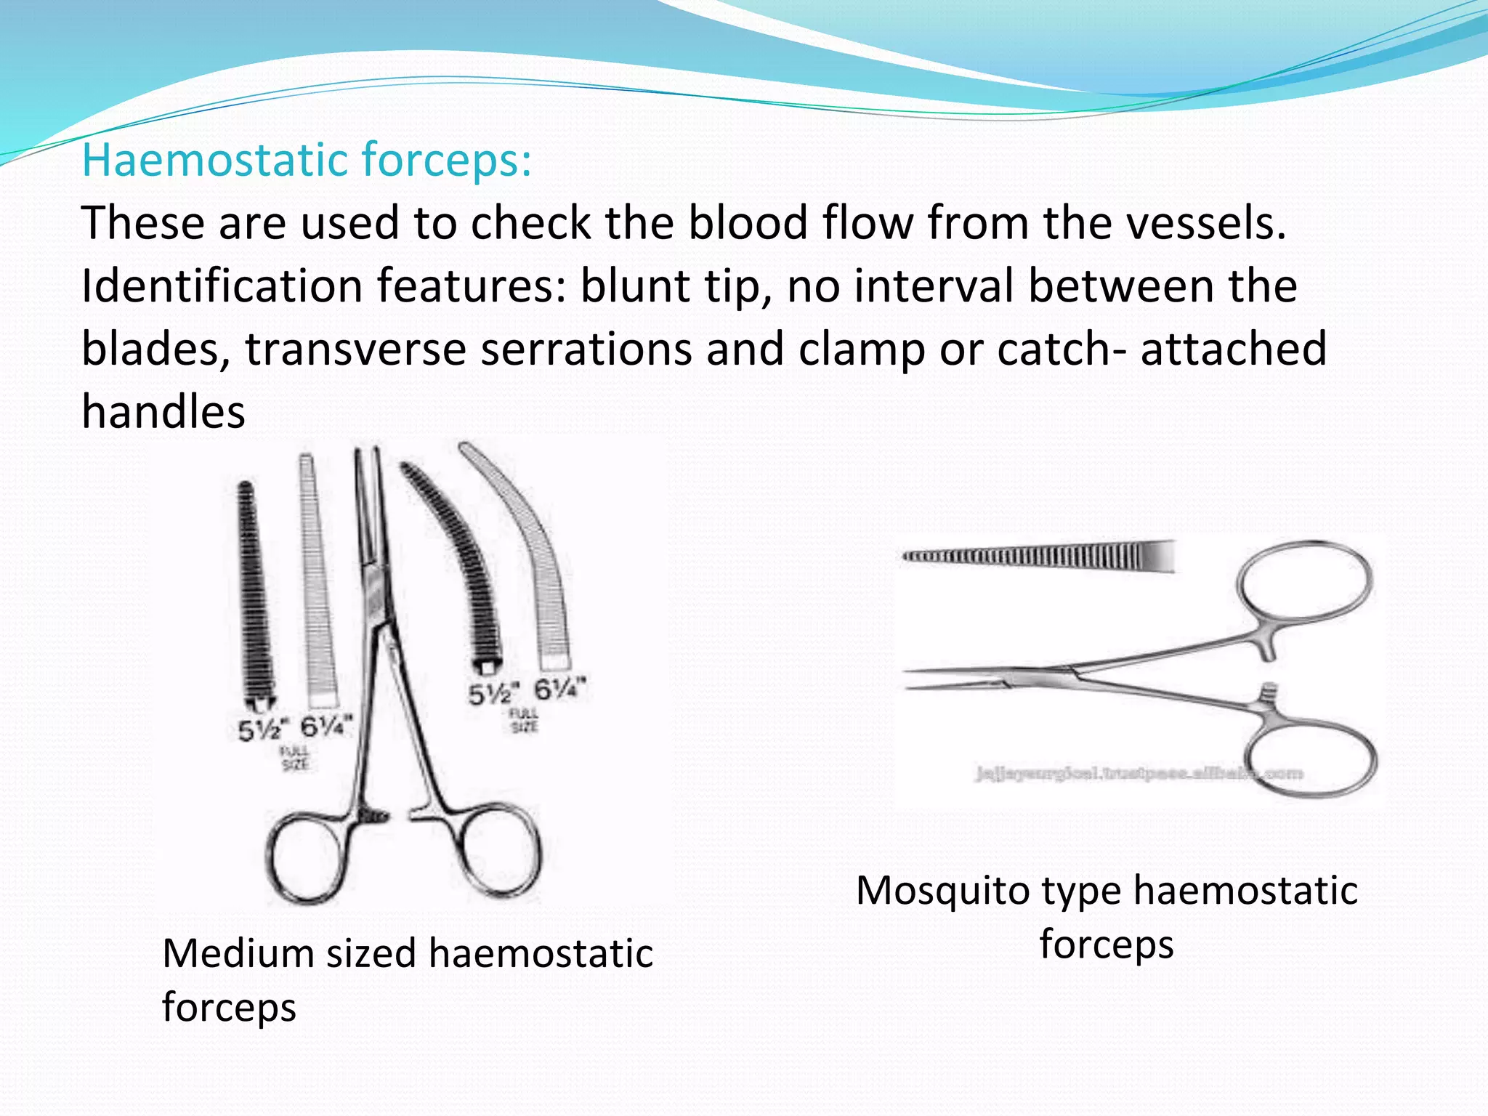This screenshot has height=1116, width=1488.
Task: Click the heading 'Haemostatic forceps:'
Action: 307,160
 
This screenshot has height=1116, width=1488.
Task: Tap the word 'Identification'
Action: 221,286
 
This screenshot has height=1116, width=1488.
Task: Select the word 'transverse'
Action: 355,349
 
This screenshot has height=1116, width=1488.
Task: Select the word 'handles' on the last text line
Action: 163,412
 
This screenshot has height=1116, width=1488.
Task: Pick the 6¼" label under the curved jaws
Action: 559,689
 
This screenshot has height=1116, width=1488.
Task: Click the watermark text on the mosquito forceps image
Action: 1138,774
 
